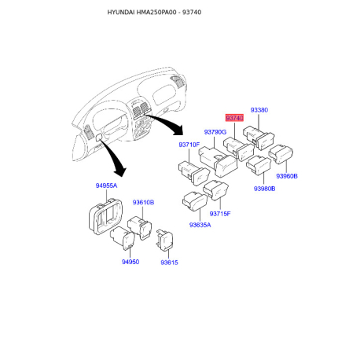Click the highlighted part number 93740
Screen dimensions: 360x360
pyautogui.click(x=234, y=118)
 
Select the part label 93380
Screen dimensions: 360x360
pyautogui.click(x=259, y=110)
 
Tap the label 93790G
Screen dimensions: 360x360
pyautogui.click(x=215, y=132)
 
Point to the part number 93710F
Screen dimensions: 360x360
pyautogui.click(x=189, y=145)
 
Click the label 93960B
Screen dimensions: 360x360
pyautogui.click(x=287, y=176)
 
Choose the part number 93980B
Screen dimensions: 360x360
pyautogui.click(x=264, y=189)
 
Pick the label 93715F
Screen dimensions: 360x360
pyautogui.click(x=220, y=214)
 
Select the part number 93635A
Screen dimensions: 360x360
pyautogui.click(x=200, y=225)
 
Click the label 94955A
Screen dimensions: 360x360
pyautogui.click(x=106, y=186)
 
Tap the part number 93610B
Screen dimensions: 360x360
pyautogui.click(x=143, y=203)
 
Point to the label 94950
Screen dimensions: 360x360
pyautogui.click(x=130, y=262)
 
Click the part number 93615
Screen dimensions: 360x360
pyautogui.click(x=169, y=263)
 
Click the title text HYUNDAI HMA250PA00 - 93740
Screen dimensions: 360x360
pyautogui.click(x=154, y=13)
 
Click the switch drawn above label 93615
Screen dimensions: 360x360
pyautogui.click(x=164, y=240)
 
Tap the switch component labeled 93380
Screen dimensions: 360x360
pyautogui.click(x=259, y=138)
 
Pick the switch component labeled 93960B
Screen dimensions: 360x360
pyautogui.click(x=281, y=154)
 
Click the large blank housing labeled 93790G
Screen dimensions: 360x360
pyautogui.click(x=218, y=161)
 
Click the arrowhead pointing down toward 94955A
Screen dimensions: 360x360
pyautogui.click(x=120, y=171)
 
